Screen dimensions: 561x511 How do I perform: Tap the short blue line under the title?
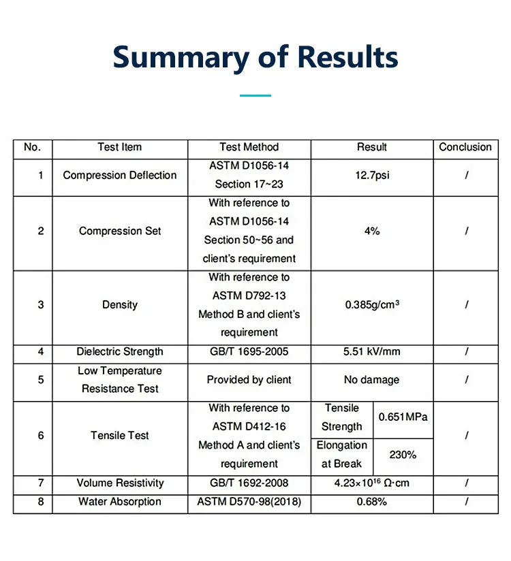pos(255,95)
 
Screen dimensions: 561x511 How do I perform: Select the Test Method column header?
pos(249,147)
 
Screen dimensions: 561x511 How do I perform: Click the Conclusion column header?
pos(465,147)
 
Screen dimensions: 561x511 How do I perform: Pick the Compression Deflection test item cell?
pos(120,176)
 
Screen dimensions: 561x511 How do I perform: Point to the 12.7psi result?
pos(372,176)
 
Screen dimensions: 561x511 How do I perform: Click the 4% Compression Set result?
pos(372,231)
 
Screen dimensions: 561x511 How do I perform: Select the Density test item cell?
pos(120,305)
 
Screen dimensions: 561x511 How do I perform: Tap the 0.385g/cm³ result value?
pos(372,305)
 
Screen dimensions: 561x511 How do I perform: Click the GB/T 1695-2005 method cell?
pos(249,352)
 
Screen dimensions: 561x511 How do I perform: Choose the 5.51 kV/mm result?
pos(372,352)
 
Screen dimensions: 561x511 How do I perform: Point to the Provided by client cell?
pos(249,380)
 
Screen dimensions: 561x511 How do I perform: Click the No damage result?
pos(372,380)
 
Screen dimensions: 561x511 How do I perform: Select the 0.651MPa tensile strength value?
pos(403,417)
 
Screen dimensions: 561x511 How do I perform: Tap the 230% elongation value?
pos(403,454)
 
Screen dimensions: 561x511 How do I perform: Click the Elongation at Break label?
pos(342,454)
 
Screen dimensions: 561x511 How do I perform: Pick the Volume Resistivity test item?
pos(120,483)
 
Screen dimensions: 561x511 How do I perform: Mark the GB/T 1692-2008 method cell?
pos(249,483)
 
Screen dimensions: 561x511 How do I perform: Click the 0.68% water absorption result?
pos(372,502)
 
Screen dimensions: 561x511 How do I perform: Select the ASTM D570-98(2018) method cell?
pos(249,502)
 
